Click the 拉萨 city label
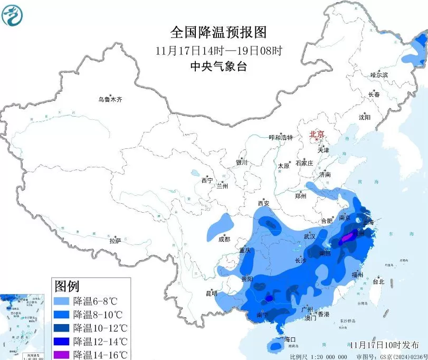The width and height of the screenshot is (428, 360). click(115, 241)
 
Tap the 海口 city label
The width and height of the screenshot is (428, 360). click(290, 339)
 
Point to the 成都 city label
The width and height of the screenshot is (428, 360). click(223, 239)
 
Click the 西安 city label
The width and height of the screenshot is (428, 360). click(263, 203)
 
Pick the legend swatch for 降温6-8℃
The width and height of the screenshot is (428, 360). click(62, 301)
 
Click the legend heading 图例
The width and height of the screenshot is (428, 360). click(66, 287)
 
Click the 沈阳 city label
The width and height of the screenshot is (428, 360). click(365, 117)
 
